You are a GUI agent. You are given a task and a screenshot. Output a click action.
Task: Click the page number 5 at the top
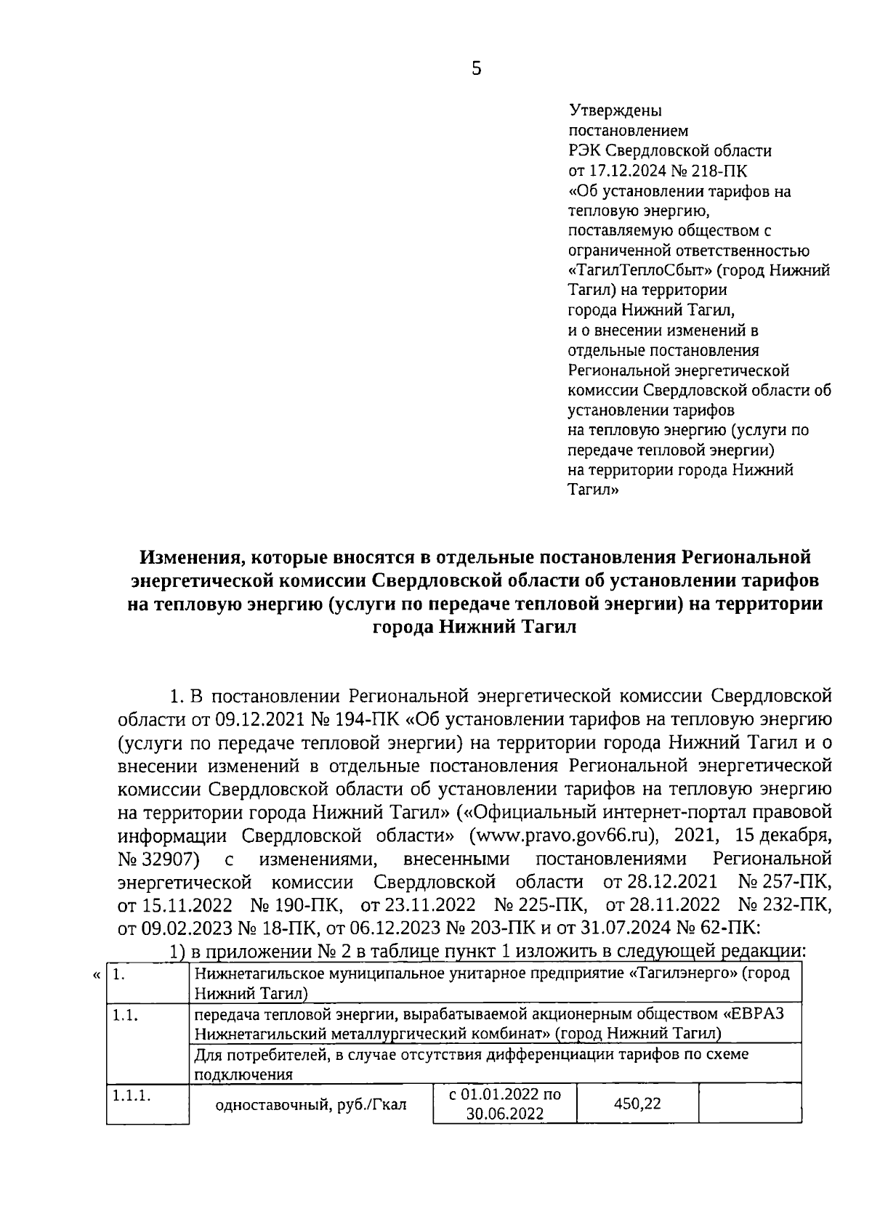477,69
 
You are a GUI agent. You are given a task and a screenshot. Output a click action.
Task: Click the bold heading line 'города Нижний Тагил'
474,628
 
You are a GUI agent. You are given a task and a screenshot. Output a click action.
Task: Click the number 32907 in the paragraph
168,859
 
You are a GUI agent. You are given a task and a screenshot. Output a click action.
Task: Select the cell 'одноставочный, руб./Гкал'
311,1106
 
